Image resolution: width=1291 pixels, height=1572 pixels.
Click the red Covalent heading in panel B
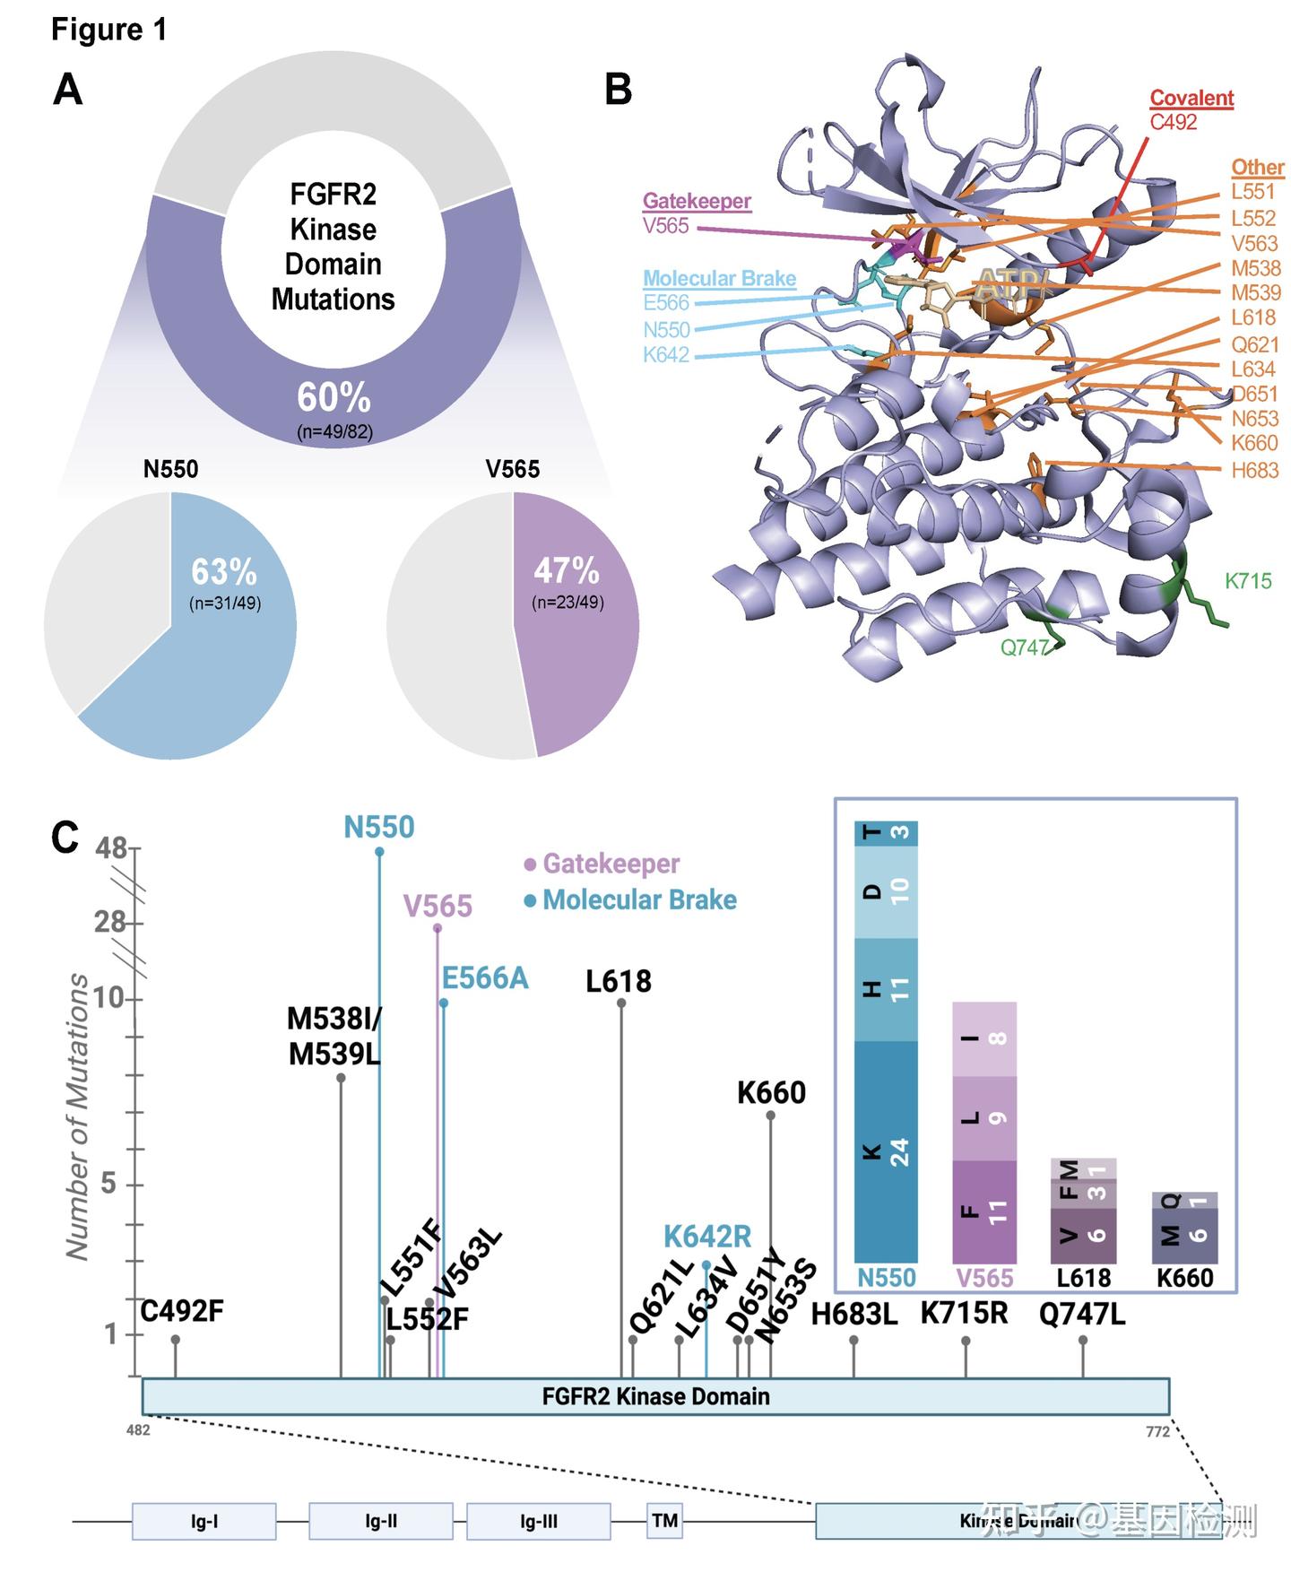coord(1191,98)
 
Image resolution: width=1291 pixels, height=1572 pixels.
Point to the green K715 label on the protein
coord(1248,581)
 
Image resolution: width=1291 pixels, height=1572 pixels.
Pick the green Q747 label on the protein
coord(1024,647)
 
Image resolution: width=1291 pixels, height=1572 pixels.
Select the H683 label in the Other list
coord(1254,470)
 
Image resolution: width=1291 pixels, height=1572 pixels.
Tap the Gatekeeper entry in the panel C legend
coord(611,864)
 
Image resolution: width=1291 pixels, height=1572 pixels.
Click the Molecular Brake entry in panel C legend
coord(639,899)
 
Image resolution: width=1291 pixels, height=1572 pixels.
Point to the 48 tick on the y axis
coord(112,847)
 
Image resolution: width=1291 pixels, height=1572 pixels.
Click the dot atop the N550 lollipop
coord(379,851)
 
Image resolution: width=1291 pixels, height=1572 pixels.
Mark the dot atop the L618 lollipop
coord(621,1003)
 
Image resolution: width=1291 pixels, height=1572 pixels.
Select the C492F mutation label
coord(182,1311)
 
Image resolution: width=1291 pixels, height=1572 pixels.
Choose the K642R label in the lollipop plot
coord(707,1237)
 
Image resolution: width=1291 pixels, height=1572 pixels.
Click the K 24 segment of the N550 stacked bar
coord(886,1151)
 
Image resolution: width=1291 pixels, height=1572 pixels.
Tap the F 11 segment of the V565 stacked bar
coord(983,1211)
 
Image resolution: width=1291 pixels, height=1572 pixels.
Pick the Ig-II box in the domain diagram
coord(381,1521)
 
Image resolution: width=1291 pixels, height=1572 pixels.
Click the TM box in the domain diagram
coord(664,1520)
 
